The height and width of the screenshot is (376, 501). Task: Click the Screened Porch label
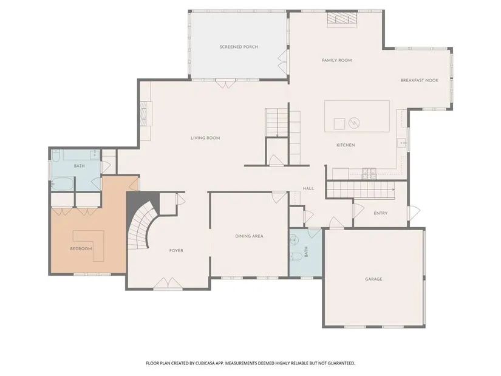click(239, 47)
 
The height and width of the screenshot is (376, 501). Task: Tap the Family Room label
click(337, 60)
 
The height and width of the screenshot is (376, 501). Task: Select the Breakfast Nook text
click(420, 80)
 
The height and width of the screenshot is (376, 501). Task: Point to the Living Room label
click(205, 138)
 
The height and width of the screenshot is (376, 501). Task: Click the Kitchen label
click(346, 145)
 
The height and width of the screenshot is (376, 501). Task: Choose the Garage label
click(373, 279)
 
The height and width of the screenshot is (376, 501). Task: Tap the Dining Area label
click(249, 236)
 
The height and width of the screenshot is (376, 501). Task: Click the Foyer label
click(176, 251)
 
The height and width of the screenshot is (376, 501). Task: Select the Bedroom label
click(81, 249)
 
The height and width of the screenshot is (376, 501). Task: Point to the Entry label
click(381, 213)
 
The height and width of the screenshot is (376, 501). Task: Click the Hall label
click(308, 189)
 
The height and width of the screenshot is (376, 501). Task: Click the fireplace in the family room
click(342, 19)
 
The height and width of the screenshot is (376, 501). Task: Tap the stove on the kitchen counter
click(369, 174)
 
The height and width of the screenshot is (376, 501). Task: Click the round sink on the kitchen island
click(354, 123)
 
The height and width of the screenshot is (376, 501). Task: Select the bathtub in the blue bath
click(63, 184)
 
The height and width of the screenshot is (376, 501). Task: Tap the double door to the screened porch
click(225, 84)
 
